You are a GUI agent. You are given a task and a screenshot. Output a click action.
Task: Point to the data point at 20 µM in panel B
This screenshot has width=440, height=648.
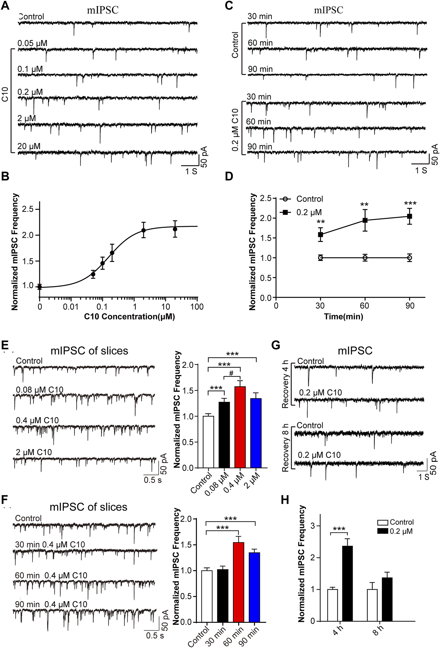tap(175, 229)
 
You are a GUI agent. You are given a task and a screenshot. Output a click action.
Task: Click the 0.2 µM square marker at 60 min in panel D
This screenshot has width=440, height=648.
tap(365, 220)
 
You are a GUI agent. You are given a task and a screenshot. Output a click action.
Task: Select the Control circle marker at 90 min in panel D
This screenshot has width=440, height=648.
tap(410, 258)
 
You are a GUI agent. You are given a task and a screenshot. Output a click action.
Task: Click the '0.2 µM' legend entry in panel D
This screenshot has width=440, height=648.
tap(309, 212)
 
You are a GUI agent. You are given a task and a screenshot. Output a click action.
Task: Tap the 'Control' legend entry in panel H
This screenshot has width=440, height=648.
tap(402, 522)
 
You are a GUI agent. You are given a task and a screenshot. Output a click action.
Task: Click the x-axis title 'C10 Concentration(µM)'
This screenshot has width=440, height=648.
tap(129, 317)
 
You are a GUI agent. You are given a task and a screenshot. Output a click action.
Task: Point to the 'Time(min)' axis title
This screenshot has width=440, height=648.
tap(343, 317)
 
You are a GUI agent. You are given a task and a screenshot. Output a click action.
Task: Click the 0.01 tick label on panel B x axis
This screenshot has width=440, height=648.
tap(71, 307)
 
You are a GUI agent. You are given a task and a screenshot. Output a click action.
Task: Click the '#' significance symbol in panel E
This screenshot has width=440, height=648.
tap(231, 374)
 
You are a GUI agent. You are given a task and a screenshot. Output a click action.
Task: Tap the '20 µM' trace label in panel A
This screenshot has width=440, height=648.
tap(29, 146)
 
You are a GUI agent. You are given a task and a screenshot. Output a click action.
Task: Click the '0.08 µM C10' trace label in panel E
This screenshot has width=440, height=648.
tap(40, 390)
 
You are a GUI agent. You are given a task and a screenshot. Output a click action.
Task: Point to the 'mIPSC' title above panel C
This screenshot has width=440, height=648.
tap(328, 11)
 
